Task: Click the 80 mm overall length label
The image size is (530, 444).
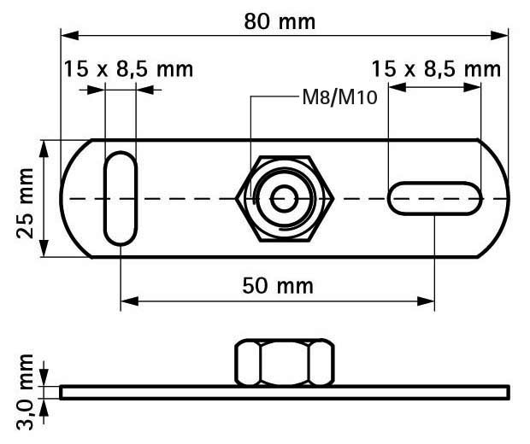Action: coord(280,21)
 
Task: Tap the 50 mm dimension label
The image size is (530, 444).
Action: coord(278,286)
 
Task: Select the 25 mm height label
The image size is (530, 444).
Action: coord(26,203)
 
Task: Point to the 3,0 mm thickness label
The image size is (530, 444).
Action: coord(26,392)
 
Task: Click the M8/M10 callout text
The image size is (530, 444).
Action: coord(339,97)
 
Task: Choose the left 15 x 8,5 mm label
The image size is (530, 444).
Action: coord(128,69)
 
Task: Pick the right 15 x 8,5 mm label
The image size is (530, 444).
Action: coord(436,69)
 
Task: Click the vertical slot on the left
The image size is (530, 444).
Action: coord(121,199)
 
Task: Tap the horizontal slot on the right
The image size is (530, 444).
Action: coord(435,198)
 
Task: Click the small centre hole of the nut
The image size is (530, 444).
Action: coord(285,199)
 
